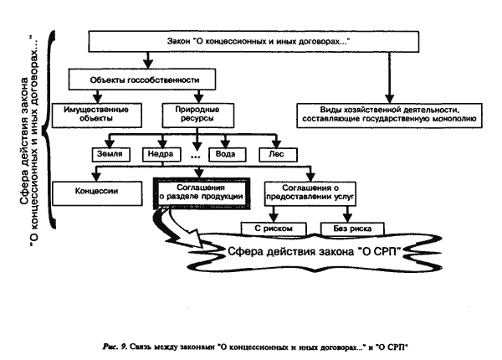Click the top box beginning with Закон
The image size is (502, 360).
[x=254, y=41]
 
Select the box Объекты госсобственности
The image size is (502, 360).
[x=142, y=80]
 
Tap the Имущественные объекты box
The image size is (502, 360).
[x=97, y=116]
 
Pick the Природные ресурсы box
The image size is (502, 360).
[x=198, y=116]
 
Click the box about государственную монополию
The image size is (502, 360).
[x=389, y=116]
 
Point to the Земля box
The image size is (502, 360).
[x=111, y=154]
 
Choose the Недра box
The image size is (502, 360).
[x=161, y=154]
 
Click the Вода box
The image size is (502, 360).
[x=228, y=154]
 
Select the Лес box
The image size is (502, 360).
[x=278, y=154]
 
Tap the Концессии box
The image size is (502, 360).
[x=97, y=193]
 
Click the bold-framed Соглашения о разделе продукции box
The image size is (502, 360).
[x=202, y=193]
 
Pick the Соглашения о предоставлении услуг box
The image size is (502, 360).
[x=310, y=193]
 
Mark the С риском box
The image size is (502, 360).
[x=274, y=229]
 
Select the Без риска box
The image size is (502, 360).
[x=352, y=229]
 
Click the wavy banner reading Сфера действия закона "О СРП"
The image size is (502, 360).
[x=315, y=252]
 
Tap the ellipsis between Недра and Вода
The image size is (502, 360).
[x=195, y=157]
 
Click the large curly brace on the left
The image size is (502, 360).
[x=50, y=130]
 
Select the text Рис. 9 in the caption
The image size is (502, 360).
[x=115, y=347]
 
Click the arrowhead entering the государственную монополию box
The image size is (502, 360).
[x=389, y=98]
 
